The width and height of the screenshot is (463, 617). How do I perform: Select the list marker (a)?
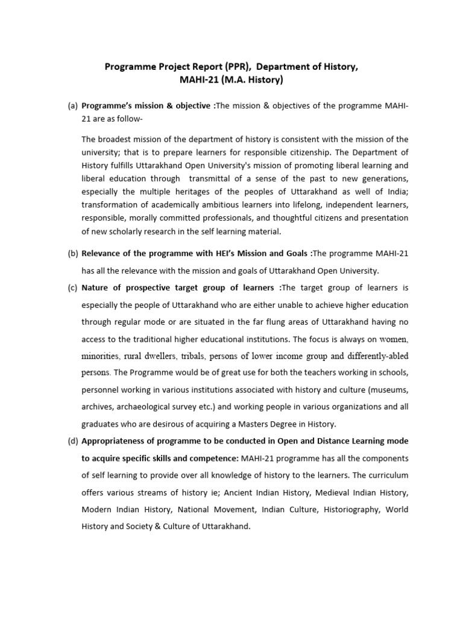[72, 106]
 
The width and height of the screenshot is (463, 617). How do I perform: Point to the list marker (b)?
[72, 254]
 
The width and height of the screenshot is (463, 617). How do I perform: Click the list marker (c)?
[72, 287]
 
